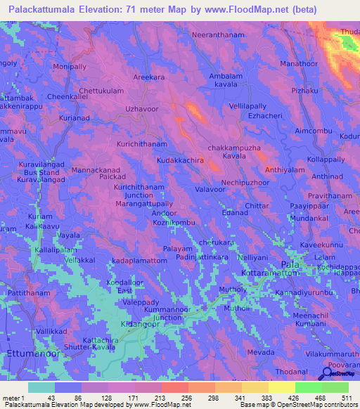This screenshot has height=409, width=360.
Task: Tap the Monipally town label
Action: [70, 66]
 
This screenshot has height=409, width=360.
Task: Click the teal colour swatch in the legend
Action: [41, 387]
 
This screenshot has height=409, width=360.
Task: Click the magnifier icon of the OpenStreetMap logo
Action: [325, 375]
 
